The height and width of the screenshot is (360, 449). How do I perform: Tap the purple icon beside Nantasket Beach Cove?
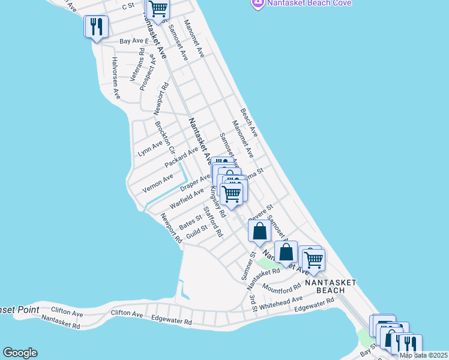(x=257, y=4)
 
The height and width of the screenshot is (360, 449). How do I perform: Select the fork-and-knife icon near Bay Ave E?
(x=96, y=28)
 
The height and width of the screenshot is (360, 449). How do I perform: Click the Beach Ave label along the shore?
(x=249, y=122)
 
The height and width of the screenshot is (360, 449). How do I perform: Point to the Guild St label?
(x=196, y=232)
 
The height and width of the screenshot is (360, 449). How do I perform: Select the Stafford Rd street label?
(x=213, y=221)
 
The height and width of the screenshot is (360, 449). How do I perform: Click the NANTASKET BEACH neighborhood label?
(x=330, y=286)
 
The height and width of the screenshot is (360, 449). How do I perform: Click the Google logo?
(x=20, y=353)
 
